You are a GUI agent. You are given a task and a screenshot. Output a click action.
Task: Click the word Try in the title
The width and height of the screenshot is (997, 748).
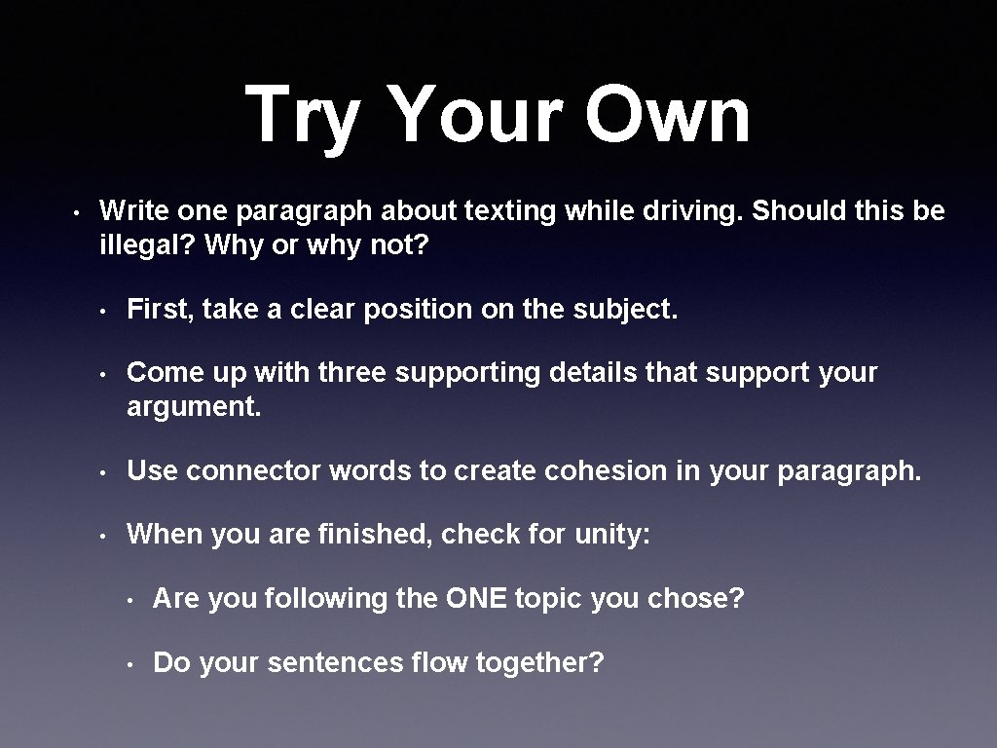click(x=303, y=115)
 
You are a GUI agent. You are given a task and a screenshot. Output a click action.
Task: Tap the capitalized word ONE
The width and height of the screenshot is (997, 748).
click(x=477, y=598)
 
